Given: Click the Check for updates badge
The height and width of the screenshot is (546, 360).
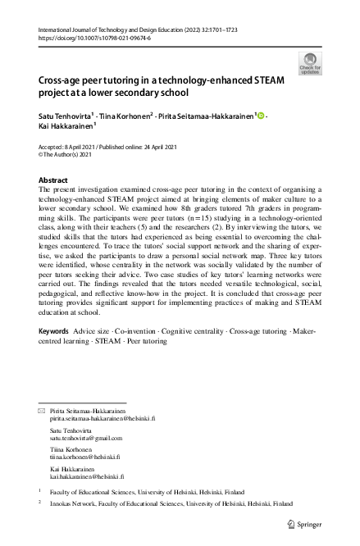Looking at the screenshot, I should [x=311, y=62].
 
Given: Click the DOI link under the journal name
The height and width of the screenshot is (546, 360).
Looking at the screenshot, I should [x=90, y=38].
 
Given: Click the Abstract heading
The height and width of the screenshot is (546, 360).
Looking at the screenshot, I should [x=54, y=180].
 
